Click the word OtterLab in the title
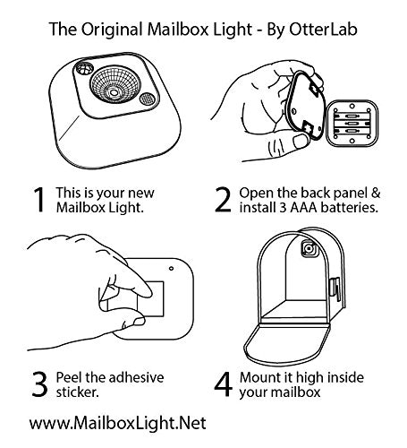pos(323,30)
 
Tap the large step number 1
pos(39,200)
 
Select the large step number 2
pos(223,200)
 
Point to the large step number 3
pos(39,384)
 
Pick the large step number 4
pos(224,384)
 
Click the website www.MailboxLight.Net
pos(117,423)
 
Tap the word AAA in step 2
pos(303,207)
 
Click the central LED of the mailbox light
pos(114,92)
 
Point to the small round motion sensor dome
pos(84,69)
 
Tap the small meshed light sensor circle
pos(147,99)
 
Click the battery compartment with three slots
pos(352,124)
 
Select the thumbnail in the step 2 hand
pos(301,141)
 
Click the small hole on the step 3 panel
pos(171,269)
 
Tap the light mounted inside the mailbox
pos(309,248)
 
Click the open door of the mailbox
pos(287,343)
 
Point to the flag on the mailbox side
pos(335,289)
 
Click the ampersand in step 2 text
pos(376,193)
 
